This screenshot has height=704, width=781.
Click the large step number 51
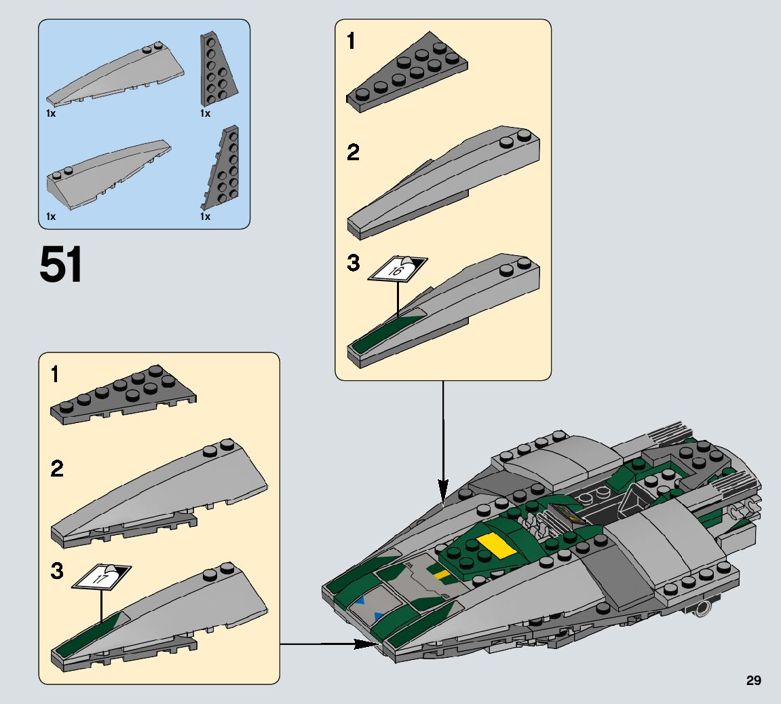coord(61,265)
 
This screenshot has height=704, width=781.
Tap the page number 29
coord(753,680)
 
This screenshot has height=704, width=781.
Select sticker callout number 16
coord(397,270)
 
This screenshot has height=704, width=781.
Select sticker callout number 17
coord(101,578)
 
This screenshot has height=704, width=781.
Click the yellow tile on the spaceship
coord(494,546)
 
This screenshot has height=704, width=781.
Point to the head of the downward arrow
coord(443,489)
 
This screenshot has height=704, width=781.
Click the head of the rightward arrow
coord(364,644)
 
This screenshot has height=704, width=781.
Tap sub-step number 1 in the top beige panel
coord(350,42)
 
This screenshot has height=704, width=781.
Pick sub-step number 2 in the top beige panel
coord(353,153)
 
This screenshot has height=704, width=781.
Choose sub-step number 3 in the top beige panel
coord(353,263)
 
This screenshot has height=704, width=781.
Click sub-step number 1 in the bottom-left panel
coord(56,374)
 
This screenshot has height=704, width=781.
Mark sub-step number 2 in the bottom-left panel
coord(57,468)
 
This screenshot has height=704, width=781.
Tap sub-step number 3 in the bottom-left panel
coord(57,571)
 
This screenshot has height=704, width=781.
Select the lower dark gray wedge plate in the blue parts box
coord(221,170)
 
